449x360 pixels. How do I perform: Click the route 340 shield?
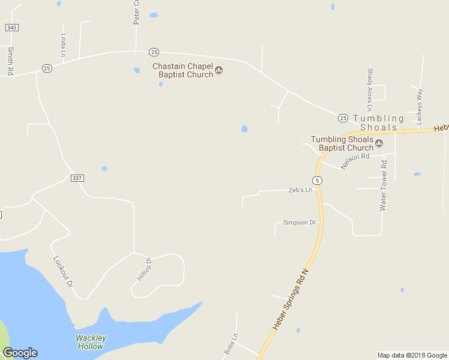(11, 28)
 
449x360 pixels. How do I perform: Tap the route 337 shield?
(76, 178)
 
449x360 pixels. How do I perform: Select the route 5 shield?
(317, 181)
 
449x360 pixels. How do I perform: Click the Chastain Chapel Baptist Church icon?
(219, 70)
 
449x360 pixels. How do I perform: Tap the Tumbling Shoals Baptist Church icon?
(379, 143)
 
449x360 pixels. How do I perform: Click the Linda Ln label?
(63, 44)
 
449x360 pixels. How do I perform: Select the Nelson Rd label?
(355, 161)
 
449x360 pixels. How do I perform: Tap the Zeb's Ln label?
(301, 190)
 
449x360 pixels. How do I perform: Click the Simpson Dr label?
(299, 223)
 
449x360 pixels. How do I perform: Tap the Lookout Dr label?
(63, 271)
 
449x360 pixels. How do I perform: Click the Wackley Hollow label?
(91, 342)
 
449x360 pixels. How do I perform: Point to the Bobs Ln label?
(231, 343)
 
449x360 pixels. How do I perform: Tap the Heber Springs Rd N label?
(291, 299)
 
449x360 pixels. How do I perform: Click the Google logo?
(20, 353)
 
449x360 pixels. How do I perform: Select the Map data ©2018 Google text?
(412, 355)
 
